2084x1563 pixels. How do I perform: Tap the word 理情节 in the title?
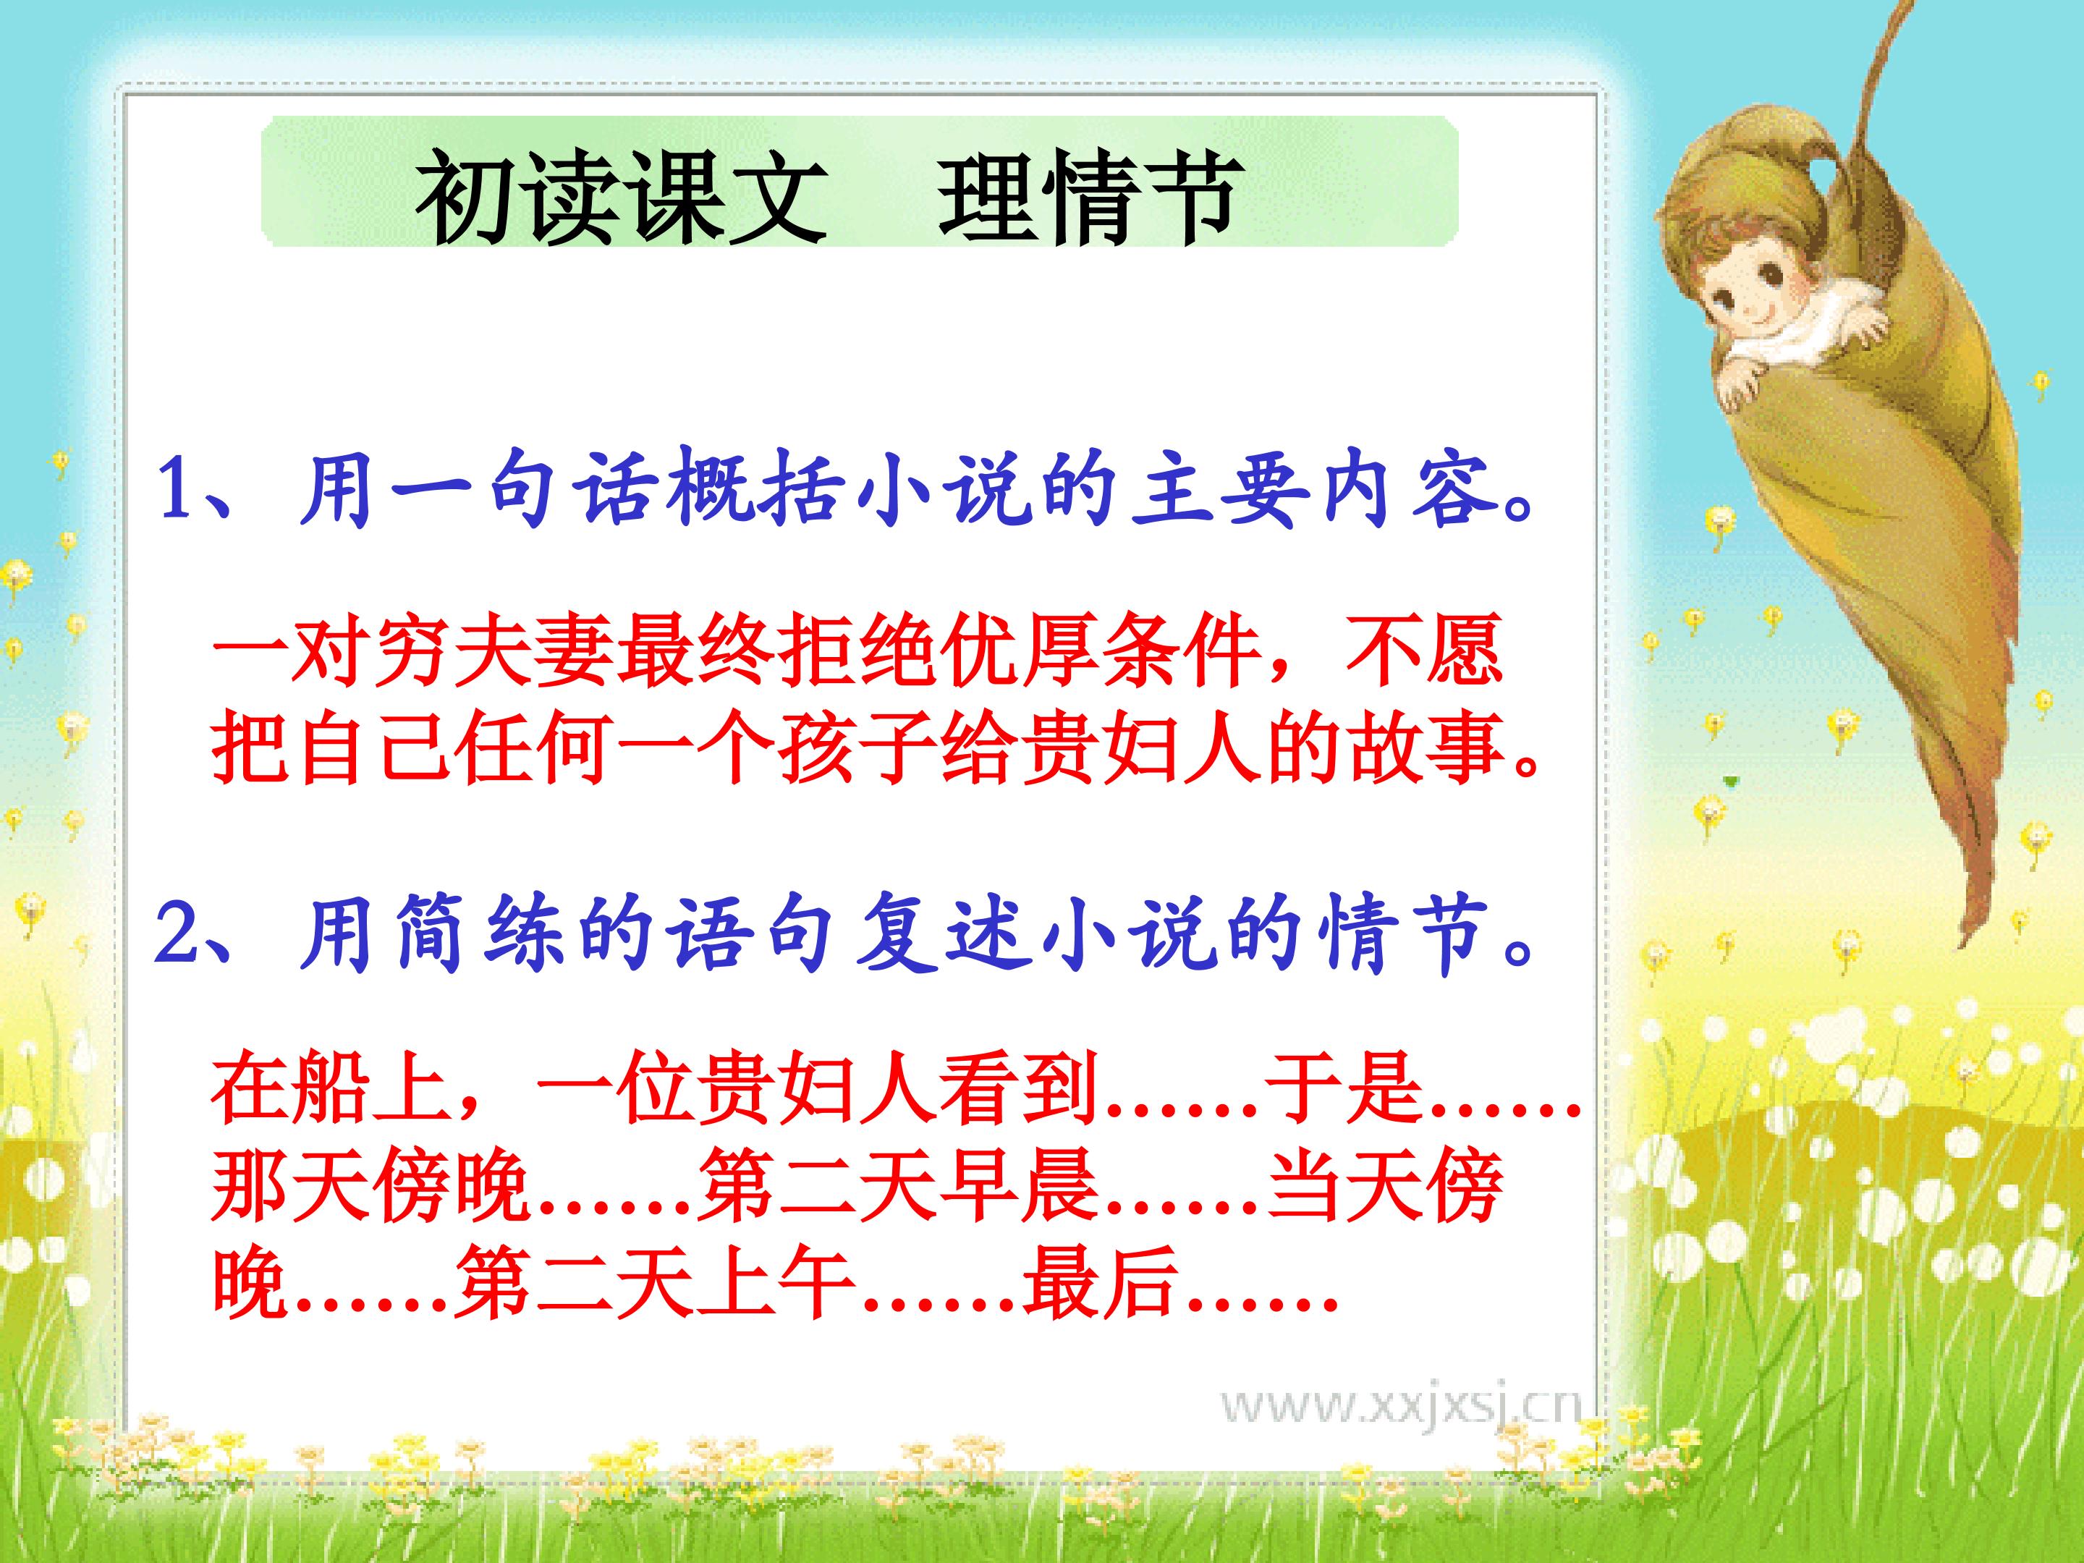pos(1086,197)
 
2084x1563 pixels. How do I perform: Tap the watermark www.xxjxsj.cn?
pos(1401,1432)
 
